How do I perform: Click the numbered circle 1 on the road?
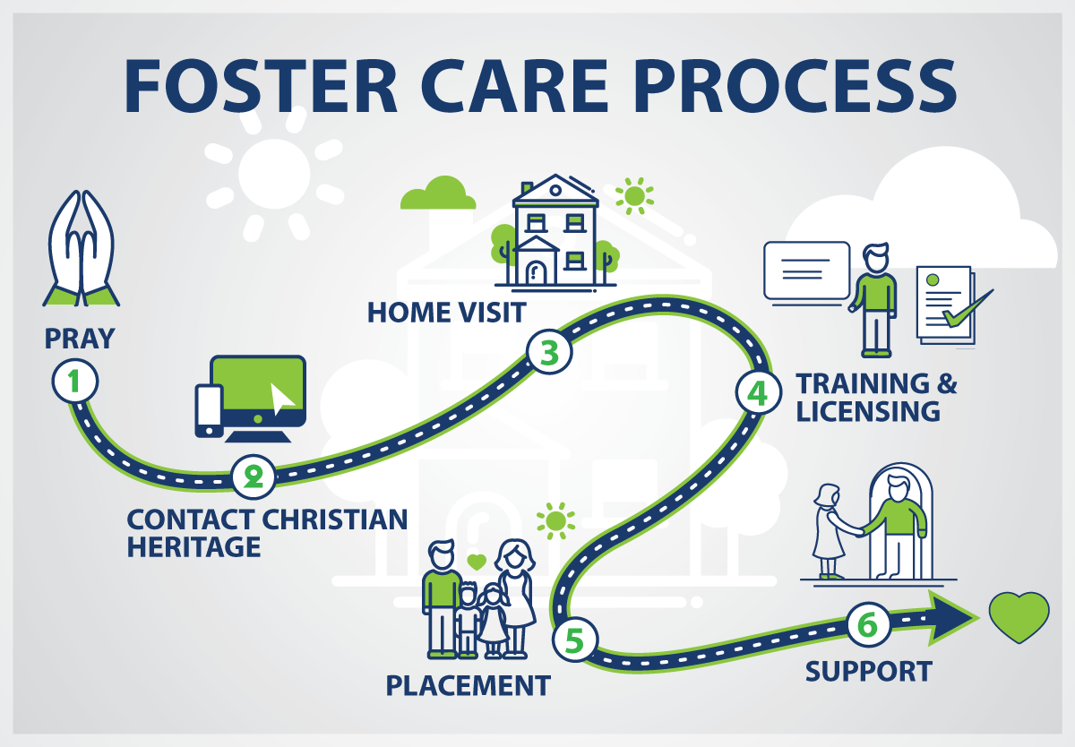point(75,382)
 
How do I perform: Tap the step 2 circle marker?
point(254,477)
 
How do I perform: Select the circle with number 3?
point(549,352)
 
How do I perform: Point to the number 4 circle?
point(758,392)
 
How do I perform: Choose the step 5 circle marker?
point(575,640)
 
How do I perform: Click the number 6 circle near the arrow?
point(869,624)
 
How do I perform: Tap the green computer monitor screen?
point(258,384)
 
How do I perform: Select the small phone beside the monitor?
point(209,411)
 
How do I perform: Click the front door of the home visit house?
point(536,272)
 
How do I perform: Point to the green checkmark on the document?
point(967,308)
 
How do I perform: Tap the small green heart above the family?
point(477,562)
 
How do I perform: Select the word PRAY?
point(80,339)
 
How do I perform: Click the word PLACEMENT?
point(469,685)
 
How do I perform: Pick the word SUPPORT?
point(869,671)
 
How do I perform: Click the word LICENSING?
point(868,411)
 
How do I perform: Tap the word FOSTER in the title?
point(261,86)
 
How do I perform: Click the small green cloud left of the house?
point(438,193)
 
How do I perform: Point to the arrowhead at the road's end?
point(952,618)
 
